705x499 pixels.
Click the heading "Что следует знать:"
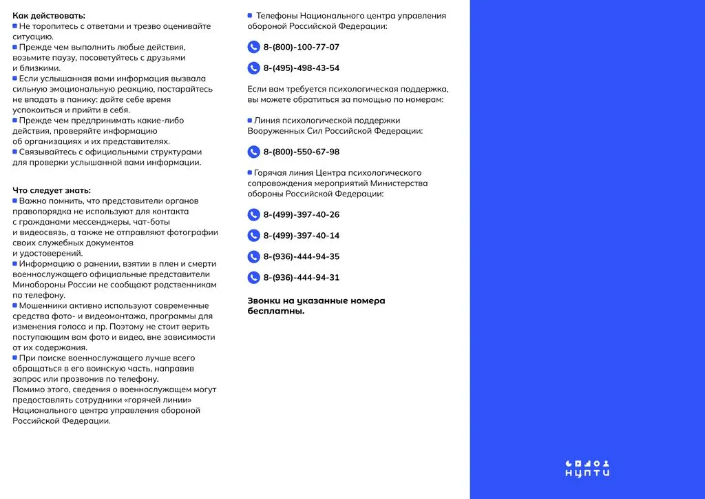click(52, 190)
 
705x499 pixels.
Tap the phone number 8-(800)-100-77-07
click(301, 48)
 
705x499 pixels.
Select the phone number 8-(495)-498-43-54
click(301, 68)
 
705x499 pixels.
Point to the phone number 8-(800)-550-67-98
click(301, 152)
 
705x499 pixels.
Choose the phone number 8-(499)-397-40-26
click(301, 215)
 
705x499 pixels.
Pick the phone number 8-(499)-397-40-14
click(301, 236)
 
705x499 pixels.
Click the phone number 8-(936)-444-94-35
click(301, 257)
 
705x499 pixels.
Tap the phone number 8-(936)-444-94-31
click(301, 278)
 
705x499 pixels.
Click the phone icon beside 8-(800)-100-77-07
click(253, 48)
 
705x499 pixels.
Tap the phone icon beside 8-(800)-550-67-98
click(253, 152)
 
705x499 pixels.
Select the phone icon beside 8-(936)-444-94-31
click(253, 278)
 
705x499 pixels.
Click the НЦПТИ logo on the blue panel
click(587, 468)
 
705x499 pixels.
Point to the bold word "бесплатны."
click(276, 312)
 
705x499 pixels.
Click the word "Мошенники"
click(42, 305)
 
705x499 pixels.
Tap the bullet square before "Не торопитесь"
click(15, 26)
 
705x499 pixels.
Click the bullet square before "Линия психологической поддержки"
click(250, 120)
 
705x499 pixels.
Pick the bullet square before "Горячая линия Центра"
click(250, 172)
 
